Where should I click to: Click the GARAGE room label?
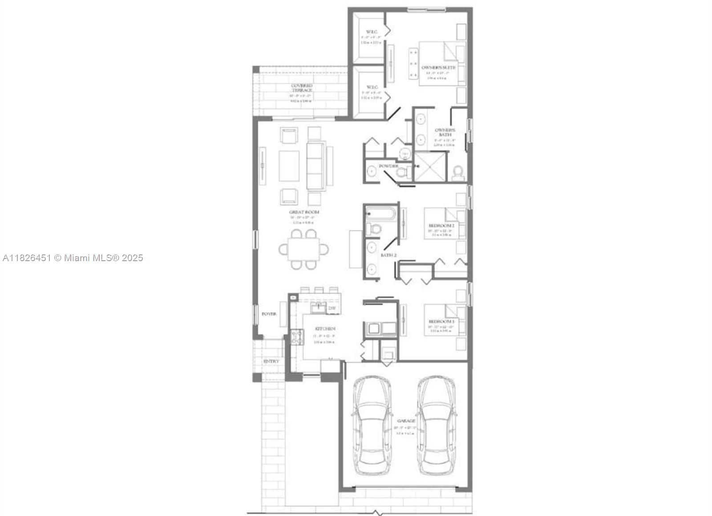(x=406, y=421)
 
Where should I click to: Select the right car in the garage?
(x=437, y=426)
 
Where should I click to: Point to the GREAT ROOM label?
(x=304, y=212)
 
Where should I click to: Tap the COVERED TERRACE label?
(x=302, y=88)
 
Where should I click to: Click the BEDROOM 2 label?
(x=441, y=225)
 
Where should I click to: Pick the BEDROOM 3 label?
(x=441, y=321)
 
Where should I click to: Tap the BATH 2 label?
(x=388, y=255)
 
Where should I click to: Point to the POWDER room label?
(x=388, y=166)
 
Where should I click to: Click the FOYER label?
(x=269, y=314)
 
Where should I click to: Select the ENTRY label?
(x=271, y=361)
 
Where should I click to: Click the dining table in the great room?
(x=303, y=249)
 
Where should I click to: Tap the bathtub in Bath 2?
(x=380, y=214)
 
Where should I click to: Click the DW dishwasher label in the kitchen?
(x=332, y=308)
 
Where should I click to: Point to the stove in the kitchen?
(x=297, y=337)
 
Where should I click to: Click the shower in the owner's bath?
(x=430, y=166)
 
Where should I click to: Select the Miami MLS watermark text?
(x=73, y=258)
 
